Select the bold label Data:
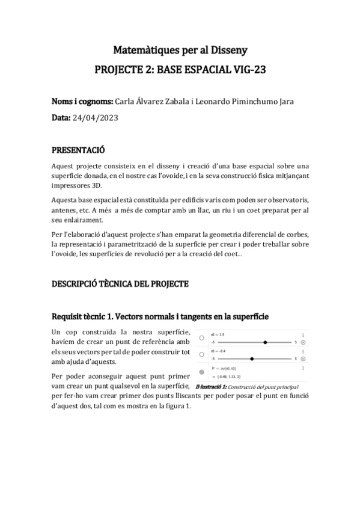click(61, 118)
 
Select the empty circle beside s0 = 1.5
click(201, 339)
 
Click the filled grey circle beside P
click(201, 372)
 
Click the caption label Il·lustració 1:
click(212, 387)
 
